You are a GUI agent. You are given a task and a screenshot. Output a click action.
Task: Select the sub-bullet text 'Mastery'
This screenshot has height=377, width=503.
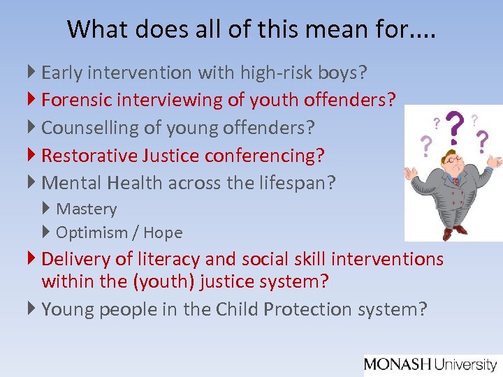(87, 209)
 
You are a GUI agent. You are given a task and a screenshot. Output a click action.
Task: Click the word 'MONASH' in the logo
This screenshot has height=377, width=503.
(398, 364)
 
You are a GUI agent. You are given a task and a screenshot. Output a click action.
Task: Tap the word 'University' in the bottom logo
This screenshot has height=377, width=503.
(465, 364)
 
